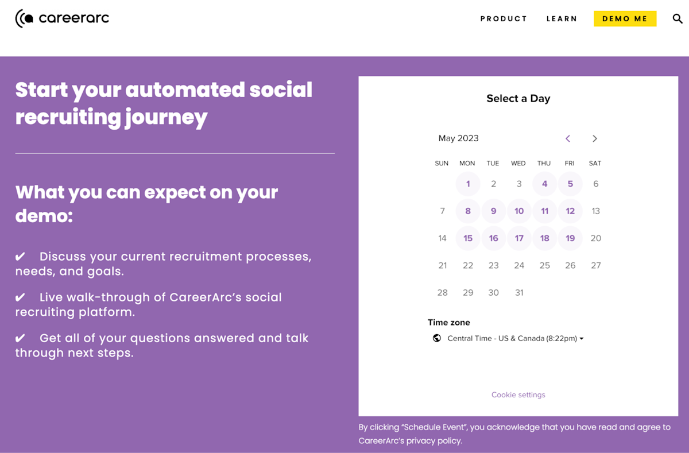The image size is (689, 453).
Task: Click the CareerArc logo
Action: (x=62, y=18)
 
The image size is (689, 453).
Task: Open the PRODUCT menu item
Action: (x=504, y=19)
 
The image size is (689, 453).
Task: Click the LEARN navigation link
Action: (x=562, y=19)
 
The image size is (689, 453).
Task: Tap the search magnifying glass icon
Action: (x=678, y=19)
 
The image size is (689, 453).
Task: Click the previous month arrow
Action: (x=568, y=138)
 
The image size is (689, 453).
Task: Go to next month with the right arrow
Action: (x=595, y=138)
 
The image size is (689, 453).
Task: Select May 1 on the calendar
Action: (x=468, y=184)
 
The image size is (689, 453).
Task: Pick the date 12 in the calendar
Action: (x=570, y=211)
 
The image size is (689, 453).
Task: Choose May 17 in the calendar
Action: (x=519, y=238)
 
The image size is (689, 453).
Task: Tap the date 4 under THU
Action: (x=544, y=184)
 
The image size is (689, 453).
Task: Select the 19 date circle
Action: (x=570, y=238)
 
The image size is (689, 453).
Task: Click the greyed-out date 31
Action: (x=519, y=293)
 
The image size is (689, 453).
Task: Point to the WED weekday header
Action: (x=518, y=164)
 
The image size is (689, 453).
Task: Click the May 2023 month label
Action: (x=458, y=138)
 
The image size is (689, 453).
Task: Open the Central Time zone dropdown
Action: (x=515, y=339)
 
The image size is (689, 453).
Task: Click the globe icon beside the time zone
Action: (x=437, y=338)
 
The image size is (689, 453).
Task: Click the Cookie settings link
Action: (x=518, y=395)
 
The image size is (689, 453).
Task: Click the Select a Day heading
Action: (x=518, y=99)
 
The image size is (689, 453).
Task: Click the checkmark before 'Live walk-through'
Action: (x=20, y=297)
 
